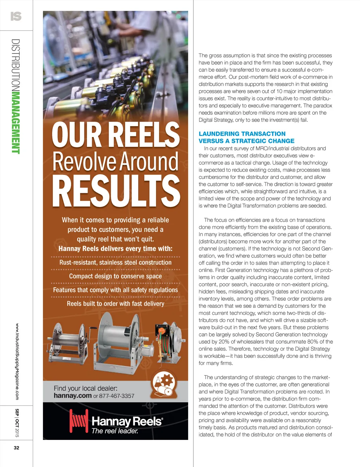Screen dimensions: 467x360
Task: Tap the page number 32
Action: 17,448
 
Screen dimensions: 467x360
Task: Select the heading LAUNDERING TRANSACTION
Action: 242,134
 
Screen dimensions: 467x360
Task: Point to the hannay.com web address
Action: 72,396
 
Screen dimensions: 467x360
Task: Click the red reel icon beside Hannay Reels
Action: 78,421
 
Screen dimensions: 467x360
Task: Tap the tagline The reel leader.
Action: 115,431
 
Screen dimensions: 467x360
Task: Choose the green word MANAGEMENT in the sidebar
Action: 16,122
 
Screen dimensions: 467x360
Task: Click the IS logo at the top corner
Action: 16,16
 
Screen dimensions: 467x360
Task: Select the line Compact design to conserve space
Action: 115,276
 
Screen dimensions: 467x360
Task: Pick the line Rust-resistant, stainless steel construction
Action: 115,262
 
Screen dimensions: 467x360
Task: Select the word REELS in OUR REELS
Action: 143,135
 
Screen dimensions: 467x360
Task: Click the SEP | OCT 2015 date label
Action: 17,423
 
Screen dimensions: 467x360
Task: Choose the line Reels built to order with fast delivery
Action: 115,304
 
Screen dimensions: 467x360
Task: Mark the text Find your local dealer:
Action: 85,388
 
